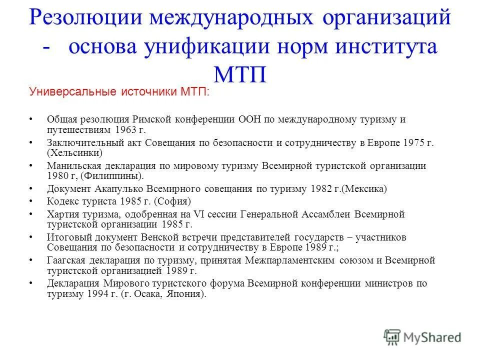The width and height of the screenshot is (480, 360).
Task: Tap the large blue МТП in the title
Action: pyautogui.click(x=239, y=73)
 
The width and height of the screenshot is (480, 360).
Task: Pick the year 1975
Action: pyautogui.click(x=413, y=143)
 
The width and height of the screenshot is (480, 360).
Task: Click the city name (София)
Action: pyautogui.click(x=172, y=201)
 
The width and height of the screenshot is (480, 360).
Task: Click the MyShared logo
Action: pyautogui.click(x=422, y=337)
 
